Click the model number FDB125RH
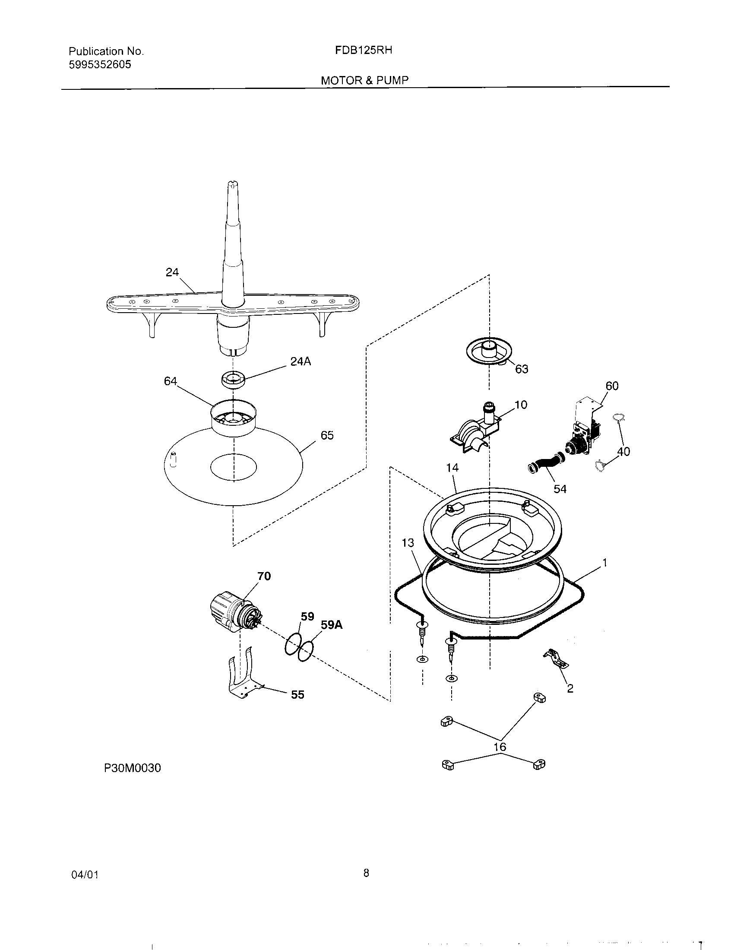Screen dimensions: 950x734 click(x=364, y=51)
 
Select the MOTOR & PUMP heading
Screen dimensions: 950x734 click(x=364, y=80)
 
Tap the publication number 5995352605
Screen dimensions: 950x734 click(x=100, y=65)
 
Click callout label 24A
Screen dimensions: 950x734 click(x=301, y=361)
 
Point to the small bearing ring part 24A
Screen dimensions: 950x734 click(x=233, y=379)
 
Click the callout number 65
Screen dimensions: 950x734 click(x=327, y=435)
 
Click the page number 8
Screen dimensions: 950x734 click(x=366, y=873)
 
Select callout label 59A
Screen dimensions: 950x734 click(x=331, y=625)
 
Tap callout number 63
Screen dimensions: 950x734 click(x=522, y=369)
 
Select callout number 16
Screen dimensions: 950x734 click(x=500, y=747)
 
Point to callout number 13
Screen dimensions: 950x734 click(x=408, y=543)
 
